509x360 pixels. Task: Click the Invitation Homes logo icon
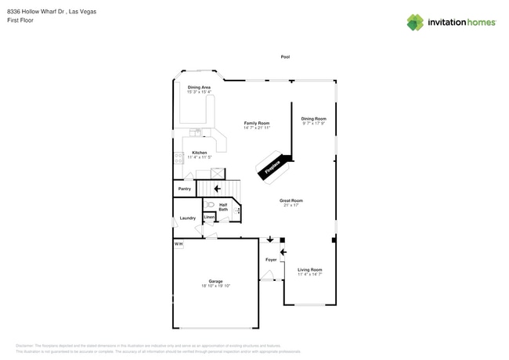[x=415, y=22]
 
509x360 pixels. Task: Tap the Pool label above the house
[x=285, y=57]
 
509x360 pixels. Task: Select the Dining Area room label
[x=199, y=87]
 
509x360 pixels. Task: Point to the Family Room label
[x=257, y=123]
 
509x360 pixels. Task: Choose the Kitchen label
[x=200, y=153]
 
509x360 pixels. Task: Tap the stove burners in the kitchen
[x=179, y=157]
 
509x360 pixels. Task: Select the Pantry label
[x=185, y=189]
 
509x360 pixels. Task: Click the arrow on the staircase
[x=217, y=189]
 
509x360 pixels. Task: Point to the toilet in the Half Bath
[x=211, y=205]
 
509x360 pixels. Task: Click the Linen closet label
[x=209, y=217]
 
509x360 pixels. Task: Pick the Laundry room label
[x=188, y=218]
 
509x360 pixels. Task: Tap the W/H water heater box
[x=179, y=244]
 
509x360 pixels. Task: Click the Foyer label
[x=271, y=259]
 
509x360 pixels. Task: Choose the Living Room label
[x=310, y=270]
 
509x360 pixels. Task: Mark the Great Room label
[x=291, y=200]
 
